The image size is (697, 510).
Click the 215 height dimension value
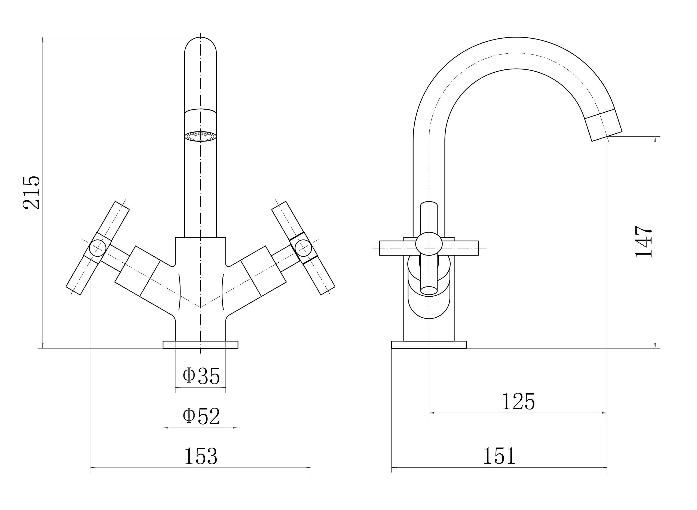[x=32, y=193]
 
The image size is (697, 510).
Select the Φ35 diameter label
[x=201, y=376]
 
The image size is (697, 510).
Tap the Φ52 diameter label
[x=201, y=416]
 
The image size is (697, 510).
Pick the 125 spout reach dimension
[x=518, y=401]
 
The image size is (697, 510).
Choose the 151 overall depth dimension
[x=499, y=456]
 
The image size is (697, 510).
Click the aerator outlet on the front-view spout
[x=200, y=136]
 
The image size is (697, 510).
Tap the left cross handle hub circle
[x=97, y=248]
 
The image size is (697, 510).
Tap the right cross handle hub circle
[x=303, y=248]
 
